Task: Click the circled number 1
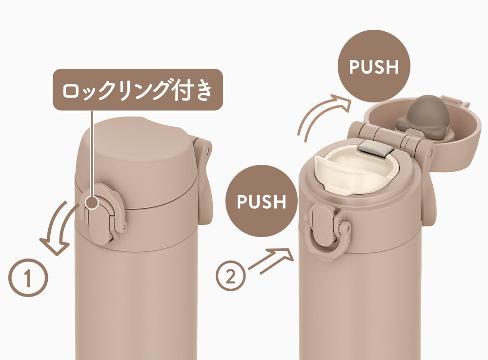(28, 277)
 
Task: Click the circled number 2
(231, 276)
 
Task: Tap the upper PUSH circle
(374, 66)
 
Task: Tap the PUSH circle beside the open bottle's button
(262, 201)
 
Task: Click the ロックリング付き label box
(138, 90)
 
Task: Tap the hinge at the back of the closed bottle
(204, 180)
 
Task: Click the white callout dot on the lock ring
(92, 202)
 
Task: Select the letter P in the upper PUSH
(355, 67)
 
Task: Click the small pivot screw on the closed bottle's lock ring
(124, 225)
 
